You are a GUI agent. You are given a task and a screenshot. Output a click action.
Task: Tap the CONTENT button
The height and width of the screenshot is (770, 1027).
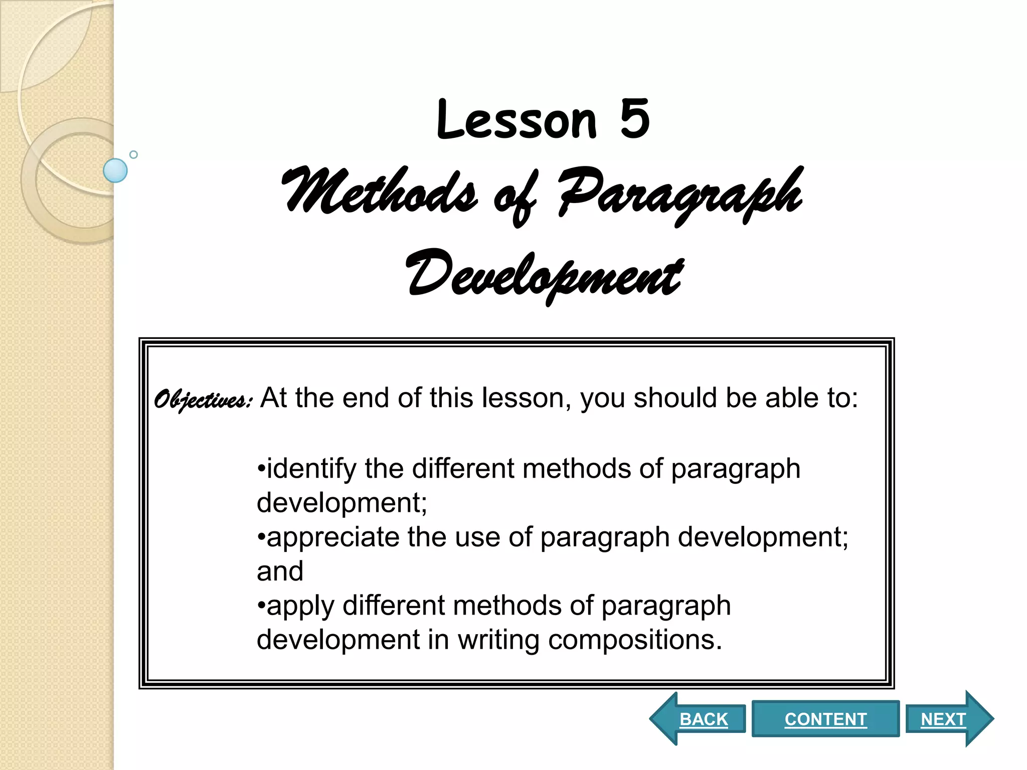[x=825, y=719]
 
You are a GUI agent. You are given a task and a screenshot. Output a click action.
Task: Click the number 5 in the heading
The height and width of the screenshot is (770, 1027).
[x=634, y=119]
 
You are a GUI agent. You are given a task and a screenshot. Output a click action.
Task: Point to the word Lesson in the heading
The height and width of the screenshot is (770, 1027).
[x=517, y=120]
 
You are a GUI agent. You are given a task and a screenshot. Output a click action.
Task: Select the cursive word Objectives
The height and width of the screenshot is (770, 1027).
[x=202, y=400]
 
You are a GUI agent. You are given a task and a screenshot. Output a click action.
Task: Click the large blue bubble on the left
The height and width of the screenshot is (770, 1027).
[x=115, y=170]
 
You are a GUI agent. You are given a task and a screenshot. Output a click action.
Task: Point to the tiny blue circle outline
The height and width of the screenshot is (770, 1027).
[x=133, y=154]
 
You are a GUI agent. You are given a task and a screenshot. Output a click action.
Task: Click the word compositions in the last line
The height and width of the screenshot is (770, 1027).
[x=635, y=640]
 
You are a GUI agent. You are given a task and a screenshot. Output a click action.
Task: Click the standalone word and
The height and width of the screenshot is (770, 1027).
[x=280, y=571]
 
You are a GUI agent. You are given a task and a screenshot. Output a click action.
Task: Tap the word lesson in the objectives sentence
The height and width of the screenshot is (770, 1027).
[x=527, y=398]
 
